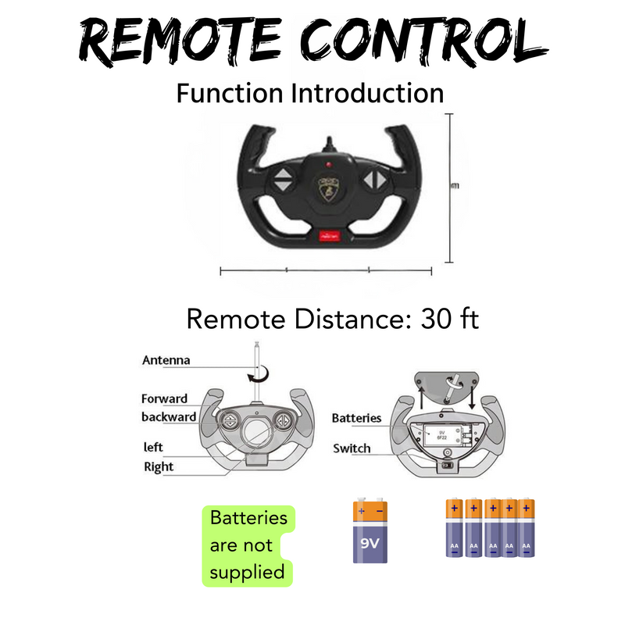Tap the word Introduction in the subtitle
click(367, 94)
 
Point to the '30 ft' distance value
click(450, 320)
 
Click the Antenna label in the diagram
click(166, 361)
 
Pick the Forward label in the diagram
click(164, 398)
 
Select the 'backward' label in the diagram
click(169, 416)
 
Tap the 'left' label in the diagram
click(153, 448)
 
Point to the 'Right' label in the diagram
click(159, 467)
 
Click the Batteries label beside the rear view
click(356, 418)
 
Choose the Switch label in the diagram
click(352, 448)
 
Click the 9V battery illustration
click(370, 532)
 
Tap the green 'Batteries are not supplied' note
click(248, 545)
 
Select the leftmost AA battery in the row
click(454, 528)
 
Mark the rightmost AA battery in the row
click(526, 528)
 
